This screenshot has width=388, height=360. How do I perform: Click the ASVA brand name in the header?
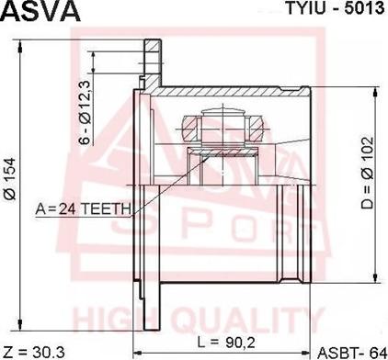point(41,11)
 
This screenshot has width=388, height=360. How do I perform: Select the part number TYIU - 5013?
point(335,8)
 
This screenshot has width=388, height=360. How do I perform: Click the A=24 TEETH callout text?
point(83,209)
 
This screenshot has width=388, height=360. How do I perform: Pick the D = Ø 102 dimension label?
point(367,173)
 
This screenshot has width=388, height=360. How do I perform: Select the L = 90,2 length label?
point(226,342)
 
